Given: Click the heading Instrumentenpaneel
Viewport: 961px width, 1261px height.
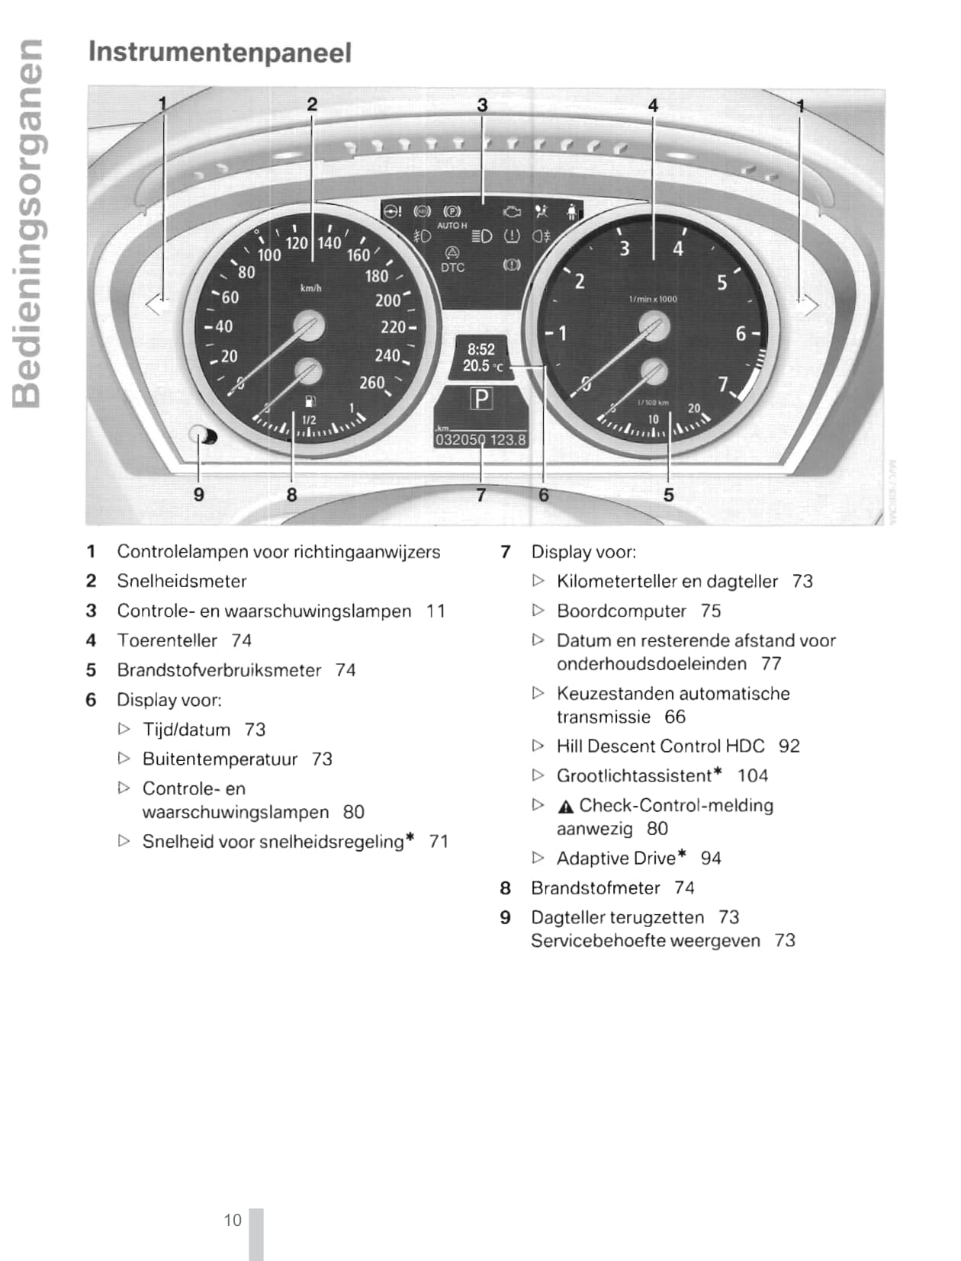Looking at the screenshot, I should point(220,53).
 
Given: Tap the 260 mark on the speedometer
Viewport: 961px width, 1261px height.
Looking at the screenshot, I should point(371,383).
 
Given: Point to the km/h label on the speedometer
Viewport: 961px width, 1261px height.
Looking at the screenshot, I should point(310,288).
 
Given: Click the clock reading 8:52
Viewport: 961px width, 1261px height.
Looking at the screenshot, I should point(481,349).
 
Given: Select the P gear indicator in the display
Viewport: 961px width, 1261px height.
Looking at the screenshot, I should point(481,398).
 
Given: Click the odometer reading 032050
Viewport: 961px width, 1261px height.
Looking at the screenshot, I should point(460,440).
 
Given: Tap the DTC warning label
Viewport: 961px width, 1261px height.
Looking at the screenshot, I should point(452,268).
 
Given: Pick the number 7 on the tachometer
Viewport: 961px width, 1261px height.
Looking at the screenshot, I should point(722,384).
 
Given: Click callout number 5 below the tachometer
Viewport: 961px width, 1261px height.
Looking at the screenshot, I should point(668,495).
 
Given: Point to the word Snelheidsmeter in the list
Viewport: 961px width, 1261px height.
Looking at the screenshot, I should point(182,581).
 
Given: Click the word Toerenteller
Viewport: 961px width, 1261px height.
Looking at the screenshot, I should point(167,640).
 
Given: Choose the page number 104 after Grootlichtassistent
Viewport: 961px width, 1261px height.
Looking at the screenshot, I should point(752,775).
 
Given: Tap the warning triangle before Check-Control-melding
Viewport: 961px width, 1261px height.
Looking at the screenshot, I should point(565,807).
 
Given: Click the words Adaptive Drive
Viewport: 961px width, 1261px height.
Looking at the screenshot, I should point(615,858).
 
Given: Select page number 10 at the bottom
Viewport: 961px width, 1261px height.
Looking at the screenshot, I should point(232,1220).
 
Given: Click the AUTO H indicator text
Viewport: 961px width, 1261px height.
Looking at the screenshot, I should point(452,226).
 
